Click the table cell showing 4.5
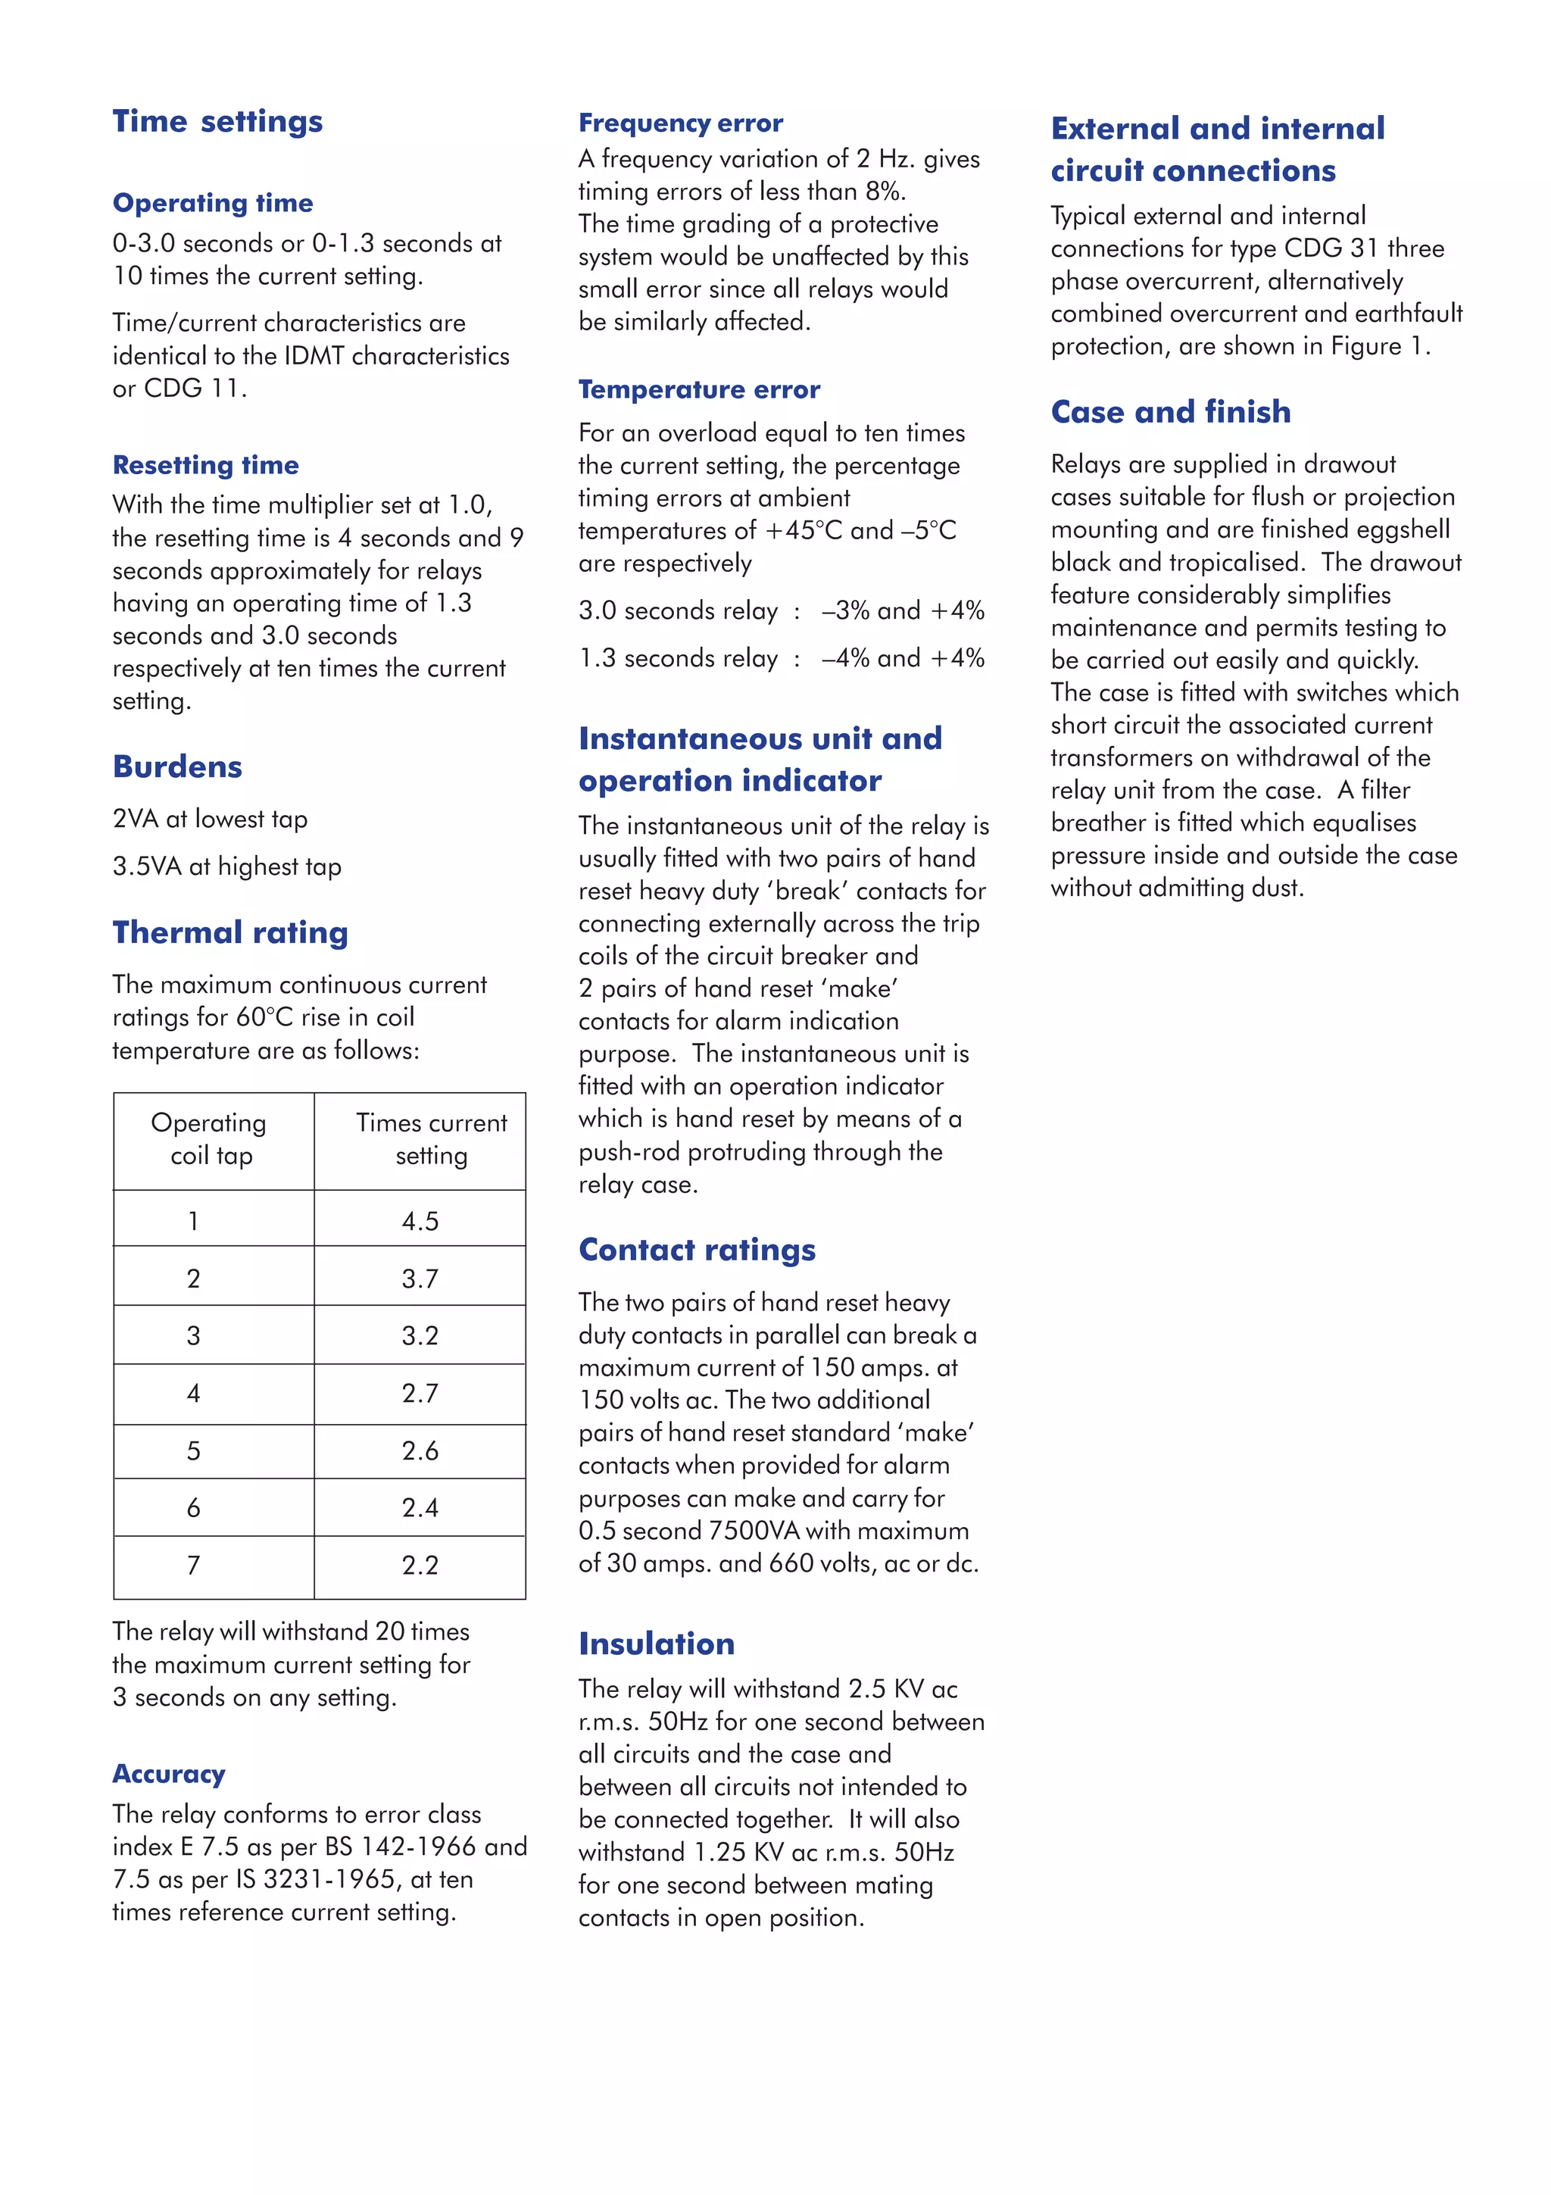pyautogui.click(x=420, y=1221)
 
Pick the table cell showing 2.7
pyautogui.click(x=420, y=1393)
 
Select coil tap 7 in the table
pyautogui.click(x=193, y=1565)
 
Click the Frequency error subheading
pyautogui.click(x=680, y=123)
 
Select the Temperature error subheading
pyautogui.click(x=698, y=389)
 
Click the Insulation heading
pyautogui.click(x=657, y=1644)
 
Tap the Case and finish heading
pyautogui.click(x=1170, y=411)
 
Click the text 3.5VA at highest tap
pyautogui.click(x=226, y=866)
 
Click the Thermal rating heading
pyautogui.click(x=230, y=932)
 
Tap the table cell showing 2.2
pyautogui.click(x=420, y=1565)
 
